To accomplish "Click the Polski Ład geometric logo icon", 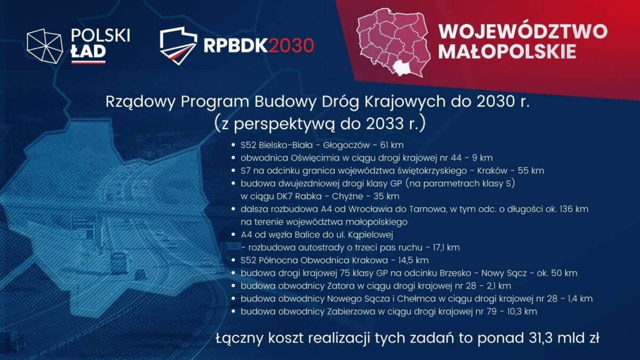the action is [45, 46].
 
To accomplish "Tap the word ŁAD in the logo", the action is [89, 52].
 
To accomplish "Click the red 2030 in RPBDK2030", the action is [291, 46].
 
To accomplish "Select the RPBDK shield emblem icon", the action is [178, 46].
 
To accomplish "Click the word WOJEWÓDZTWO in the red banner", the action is [523, 31].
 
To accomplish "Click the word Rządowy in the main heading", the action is [140, 102].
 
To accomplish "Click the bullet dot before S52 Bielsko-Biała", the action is [233, 145].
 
